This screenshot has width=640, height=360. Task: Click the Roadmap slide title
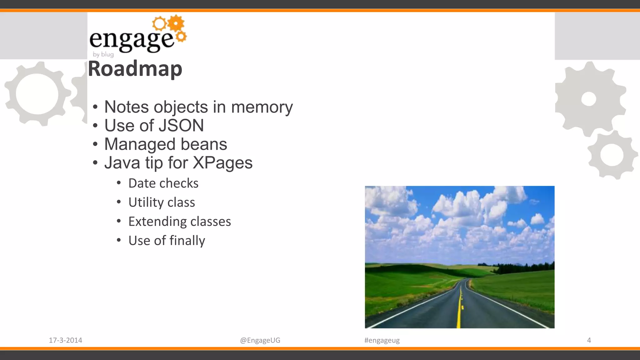click(x=135, y=69)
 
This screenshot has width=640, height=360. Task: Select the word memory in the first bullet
click(x=262, y=107)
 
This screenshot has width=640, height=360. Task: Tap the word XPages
click(x=222, y=163)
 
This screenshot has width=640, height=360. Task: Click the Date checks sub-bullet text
click(x=163, y=183)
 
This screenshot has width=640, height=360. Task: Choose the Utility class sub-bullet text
click(x=162, y=202)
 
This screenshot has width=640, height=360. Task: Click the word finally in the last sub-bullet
click(x=187, y=241)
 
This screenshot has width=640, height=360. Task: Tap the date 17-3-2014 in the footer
click(x=65, y=340)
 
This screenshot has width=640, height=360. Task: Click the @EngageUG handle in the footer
click(x=260, y=340)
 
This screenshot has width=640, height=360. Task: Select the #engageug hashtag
click(x=382, y=340)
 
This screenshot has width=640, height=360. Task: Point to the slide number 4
click(x=589, y=340)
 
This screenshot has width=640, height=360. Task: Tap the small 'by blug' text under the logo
click(x=103, y=54)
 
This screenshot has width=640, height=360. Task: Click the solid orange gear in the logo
click(x=176, y=23)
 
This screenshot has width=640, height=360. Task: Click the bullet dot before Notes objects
click(x=95, y=107)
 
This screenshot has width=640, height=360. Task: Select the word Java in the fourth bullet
click(x=122, y=163)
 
